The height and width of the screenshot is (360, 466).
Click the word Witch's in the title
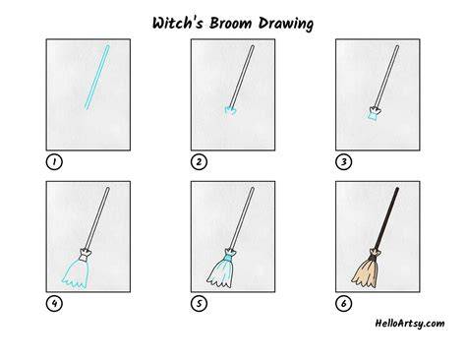[177, 23]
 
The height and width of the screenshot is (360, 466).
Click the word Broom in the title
[231, 23]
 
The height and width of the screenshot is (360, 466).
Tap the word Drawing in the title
[286, 24]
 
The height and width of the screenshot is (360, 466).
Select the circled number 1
[54, 162]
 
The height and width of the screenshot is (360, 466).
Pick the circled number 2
[199, 162]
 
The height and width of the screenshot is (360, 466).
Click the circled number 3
[343, 162]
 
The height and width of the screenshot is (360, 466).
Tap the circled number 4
[54, 304]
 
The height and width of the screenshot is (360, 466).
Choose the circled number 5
[199, 304]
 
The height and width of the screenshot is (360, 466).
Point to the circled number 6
[343, 304]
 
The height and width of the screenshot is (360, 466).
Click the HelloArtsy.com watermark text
[410, 324]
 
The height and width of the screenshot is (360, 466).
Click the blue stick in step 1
[97, 77]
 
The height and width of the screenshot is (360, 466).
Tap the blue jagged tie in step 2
[231, 110]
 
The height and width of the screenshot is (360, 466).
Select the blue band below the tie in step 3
[374, 117]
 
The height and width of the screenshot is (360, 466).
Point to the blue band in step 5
[227, 259]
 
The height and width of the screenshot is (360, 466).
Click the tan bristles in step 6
[367, 272]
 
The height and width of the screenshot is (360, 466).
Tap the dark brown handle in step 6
[387, 218]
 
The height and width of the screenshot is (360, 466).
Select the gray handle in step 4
[97, 218]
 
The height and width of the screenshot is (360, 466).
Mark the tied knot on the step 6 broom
[376, 254]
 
